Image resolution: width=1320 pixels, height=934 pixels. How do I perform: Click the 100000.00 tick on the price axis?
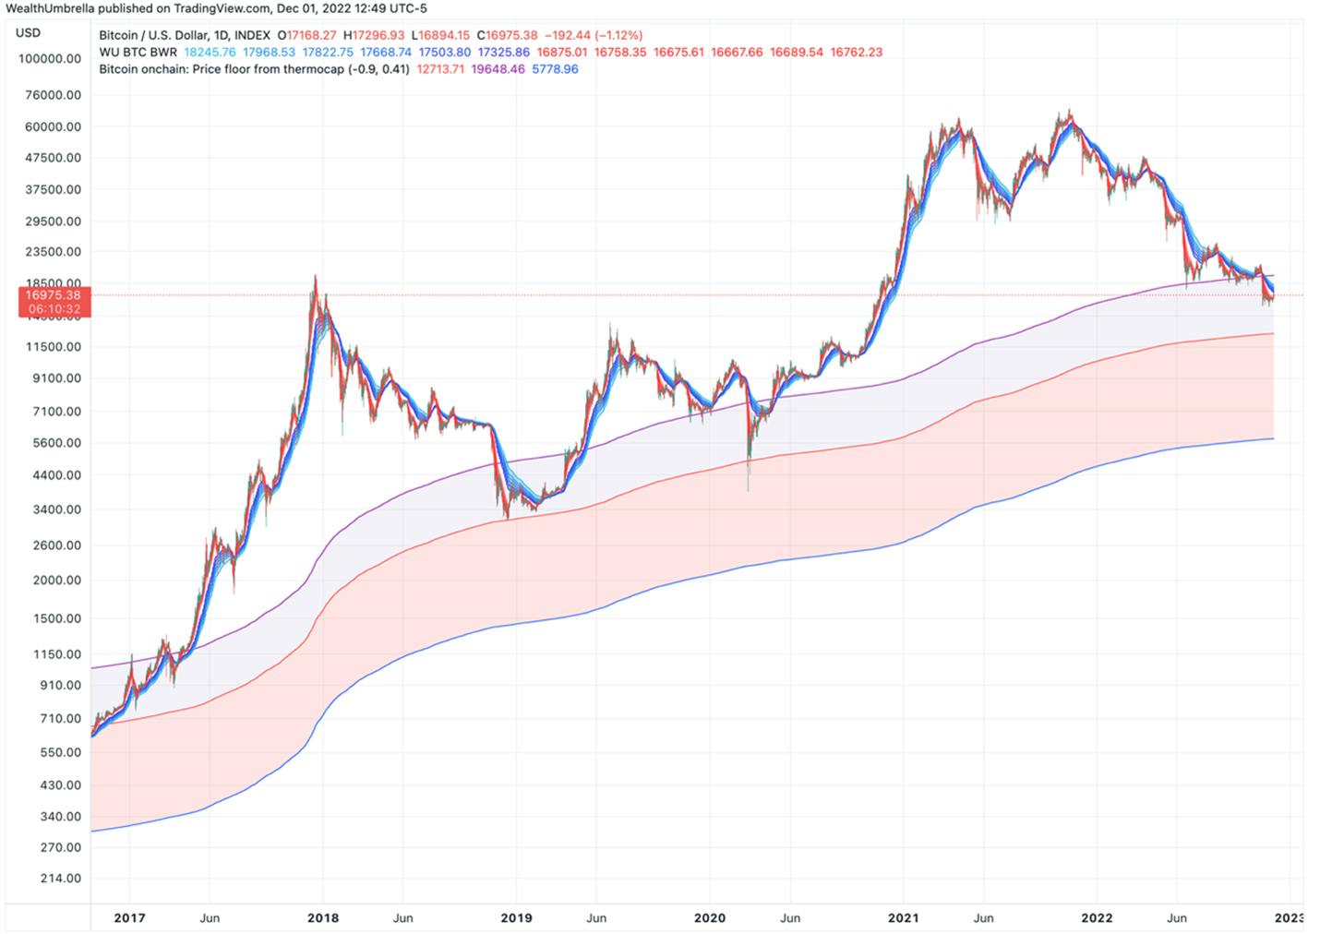tap(50, 59)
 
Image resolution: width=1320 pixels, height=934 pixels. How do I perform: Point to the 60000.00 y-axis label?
tap(53, 127)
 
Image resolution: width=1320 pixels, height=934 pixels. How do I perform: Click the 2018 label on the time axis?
tap(323, 918)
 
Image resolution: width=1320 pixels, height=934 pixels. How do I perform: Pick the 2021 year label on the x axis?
tap(903, 918)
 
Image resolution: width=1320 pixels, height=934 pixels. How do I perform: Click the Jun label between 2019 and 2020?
tap(596, 918)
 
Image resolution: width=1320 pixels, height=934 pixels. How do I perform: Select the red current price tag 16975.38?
tap(54, 302)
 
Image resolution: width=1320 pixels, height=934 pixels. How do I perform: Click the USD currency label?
tap(28, 33)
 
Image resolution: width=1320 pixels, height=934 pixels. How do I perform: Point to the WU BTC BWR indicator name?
tap(138, 53)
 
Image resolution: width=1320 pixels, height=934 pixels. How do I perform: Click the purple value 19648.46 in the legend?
tap(498, 69)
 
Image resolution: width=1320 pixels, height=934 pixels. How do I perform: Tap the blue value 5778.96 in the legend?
tap(555, 69)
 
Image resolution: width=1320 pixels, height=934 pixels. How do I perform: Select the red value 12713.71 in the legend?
tap(440, 69)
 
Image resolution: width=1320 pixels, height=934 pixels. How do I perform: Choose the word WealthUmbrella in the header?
tap(50, 8)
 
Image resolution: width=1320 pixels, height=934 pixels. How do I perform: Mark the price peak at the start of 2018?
tap(316, 276)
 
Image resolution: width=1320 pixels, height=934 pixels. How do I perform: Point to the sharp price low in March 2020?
tap(748, 489)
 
